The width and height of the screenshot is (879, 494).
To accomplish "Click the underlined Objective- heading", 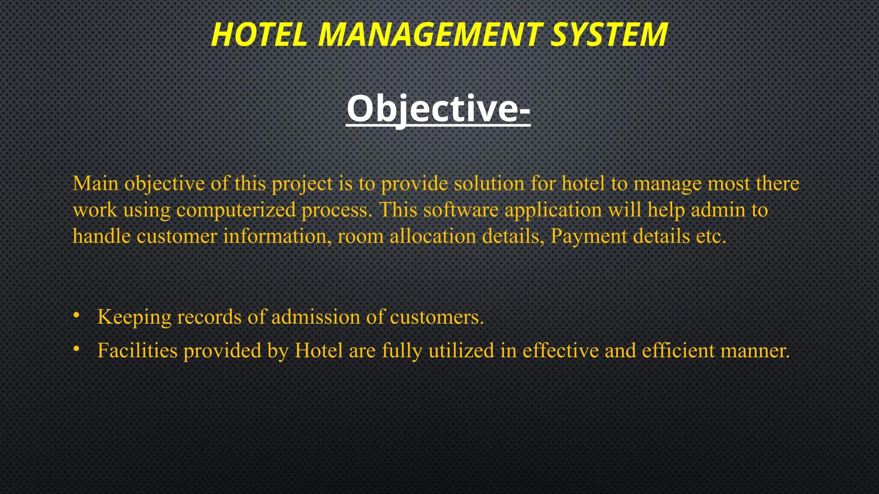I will coord(438,109).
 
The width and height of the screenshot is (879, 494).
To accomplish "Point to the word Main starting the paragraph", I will coord(95,184).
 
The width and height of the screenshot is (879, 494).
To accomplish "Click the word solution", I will coord(489,184).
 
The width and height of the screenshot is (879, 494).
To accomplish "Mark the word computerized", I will coord(236,211).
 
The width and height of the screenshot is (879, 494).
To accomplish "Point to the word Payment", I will coord(588,237).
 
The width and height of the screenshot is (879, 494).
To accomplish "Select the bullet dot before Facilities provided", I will coord(76,349).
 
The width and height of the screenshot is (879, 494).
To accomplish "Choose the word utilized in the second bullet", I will coord(461,350).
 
